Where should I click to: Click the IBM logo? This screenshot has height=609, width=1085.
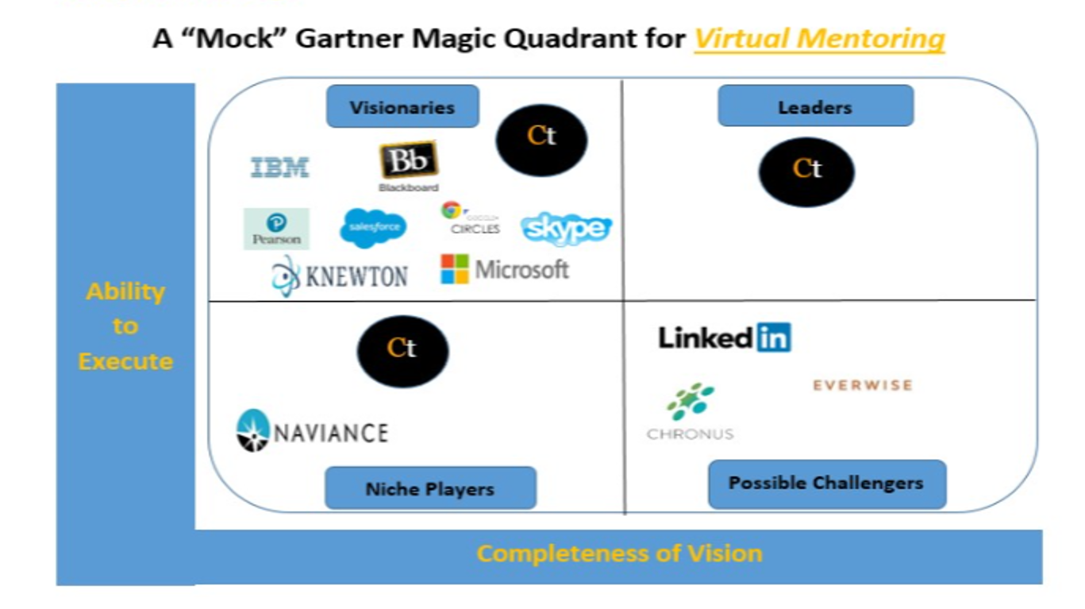tap(279, 168)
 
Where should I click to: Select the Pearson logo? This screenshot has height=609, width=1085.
tap(276, 229)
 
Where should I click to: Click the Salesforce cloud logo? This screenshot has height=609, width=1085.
tap(373, 228)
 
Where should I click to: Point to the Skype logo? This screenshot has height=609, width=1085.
tap(566, 229)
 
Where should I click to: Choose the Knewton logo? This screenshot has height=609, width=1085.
tap(340, 276)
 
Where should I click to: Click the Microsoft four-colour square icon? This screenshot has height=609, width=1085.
tap(455, 269)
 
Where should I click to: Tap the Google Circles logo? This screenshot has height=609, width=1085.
tap(471, 218)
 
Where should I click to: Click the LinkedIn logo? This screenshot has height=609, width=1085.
tap(724, 337)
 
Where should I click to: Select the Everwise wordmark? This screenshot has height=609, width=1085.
tap(862, 385)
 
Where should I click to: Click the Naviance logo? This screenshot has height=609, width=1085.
tap(313, 431)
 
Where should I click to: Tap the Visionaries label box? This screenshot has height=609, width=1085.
tap(402, 107)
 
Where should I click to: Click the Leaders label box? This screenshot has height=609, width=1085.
tap(815, 107)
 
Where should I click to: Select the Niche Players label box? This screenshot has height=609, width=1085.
tap(430, 488)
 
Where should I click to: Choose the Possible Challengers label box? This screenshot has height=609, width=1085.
tap(826, 483)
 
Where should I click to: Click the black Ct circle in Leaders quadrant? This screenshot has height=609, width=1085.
tap(806, 171)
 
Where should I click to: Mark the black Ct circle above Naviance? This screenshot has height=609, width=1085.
tap(402, 350)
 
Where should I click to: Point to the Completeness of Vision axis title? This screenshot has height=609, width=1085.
tap(619, 553)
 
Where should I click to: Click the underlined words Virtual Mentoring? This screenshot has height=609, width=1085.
tap(819, 38)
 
